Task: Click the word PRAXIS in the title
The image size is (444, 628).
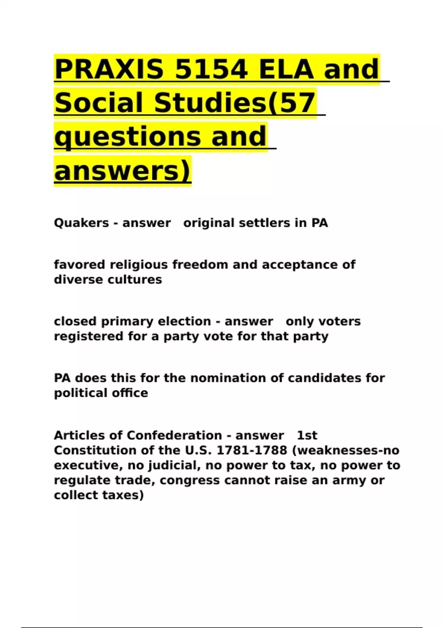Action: coord(110,69)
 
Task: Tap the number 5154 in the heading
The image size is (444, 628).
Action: coord(211,69)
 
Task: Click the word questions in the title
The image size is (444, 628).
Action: coord(128,137)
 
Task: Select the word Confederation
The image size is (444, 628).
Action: coord(174,436)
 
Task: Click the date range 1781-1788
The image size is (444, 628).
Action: coord(252,450)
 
